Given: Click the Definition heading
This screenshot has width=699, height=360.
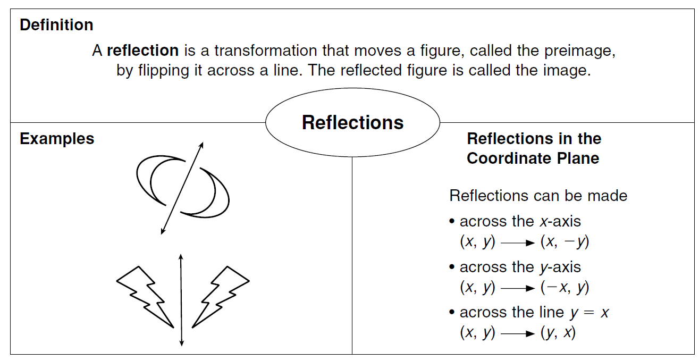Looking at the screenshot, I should [x=56, y=25].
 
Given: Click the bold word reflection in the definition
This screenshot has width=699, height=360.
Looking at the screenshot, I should [x=142, y=51].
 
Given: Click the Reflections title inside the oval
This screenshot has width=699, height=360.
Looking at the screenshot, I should [x=352, y=123].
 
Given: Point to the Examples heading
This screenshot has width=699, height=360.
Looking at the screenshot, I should [x=57, y=139].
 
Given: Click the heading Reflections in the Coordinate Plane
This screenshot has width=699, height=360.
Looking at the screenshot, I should [x=534, y=148].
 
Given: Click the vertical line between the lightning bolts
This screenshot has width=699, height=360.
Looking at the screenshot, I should [x=181, y=300].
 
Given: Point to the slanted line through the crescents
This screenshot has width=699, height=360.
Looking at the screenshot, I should [x=181, y=189].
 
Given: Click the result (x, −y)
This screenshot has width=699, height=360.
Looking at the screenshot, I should [x=565, y=242].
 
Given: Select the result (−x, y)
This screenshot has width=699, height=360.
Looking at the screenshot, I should [x=565, y=288].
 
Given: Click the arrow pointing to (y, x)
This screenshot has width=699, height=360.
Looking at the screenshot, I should [x=517, y=334].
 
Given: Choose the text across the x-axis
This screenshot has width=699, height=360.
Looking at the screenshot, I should [x=520, y=221].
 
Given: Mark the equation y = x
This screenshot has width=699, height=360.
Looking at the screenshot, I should [x=589, y=313].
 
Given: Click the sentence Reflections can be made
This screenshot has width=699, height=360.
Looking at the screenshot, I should [x=538, y=196].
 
